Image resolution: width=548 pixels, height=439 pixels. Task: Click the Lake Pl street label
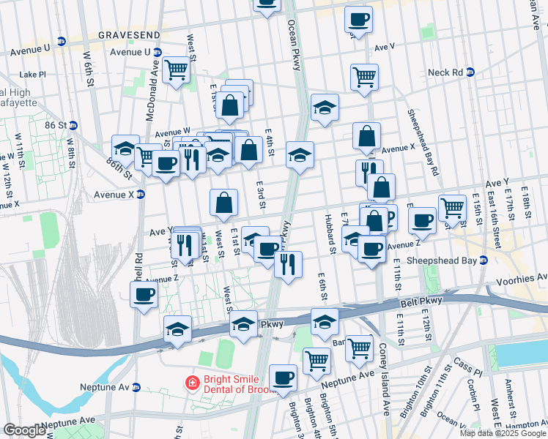point(33,74)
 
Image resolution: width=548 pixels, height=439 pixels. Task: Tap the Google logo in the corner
point(24,430)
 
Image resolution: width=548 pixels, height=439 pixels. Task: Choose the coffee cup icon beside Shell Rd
point(144,295)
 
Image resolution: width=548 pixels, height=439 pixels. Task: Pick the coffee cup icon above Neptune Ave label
point(283,378)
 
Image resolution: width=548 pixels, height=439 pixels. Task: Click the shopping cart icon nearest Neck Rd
point(364,75)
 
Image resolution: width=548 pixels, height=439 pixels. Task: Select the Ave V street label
point(385,46)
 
